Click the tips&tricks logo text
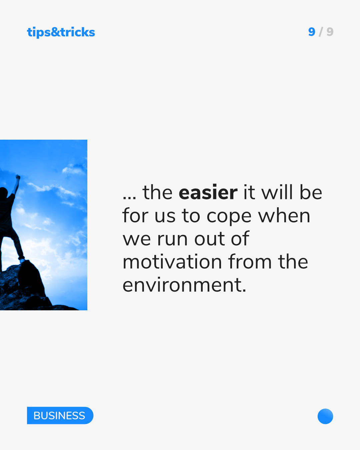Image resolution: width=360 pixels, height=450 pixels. point(61,32)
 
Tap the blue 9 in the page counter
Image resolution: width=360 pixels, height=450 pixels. point(311,32)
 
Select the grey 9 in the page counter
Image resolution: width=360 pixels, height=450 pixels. point(330,32)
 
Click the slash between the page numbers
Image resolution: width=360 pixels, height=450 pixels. point(321,32)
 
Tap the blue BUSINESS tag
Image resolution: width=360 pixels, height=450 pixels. point(60,415)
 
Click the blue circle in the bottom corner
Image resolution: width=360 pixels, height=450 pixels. point(325,416)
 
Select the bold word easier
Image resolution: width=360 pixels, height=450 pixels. point(208,192)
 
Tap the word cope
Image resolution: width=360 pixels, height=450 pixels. point(229,217)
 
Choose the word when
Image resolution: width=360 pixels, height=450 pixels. point(284,215)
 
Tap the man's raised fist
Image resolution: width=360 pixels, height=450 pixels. point(18,177)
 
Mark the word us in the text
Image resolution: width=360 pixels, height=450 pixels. point(165,216)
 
